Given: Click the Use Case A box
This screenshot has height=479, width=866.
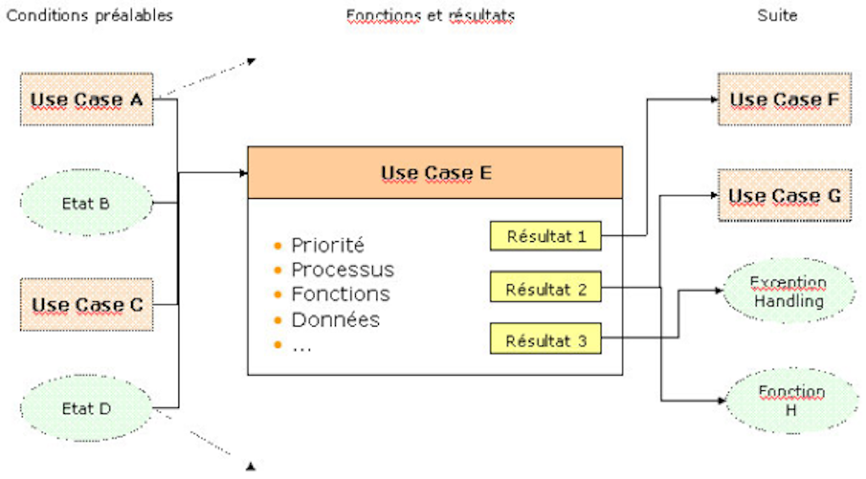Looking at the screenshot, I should click(x=86, y=99).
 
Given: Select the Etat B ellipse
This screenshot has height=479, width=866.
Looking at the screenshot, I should click(x=86, y=204).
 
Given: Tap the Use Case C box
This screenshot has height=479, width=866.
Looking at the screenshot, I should click(x=86, y=304).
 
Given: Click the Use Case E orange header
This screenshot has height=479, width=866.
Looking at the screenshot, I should click(x=435, y=173).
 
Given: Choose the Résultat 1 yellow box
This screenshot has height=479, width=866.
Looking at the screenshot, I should click(x=545, y=236).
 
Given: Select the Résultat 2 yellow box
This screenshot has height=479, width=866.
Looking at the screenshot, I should click(x=545, y=289).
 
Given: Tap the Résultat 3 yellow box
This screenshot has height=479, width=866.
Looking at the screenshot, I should click(x=545, y=341).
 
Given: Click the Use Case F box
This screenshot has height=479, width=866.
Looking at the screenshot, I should click(x=784, y=99).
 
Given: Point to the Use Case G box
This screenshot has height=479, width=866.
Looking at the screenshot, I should click(x=784, y=195).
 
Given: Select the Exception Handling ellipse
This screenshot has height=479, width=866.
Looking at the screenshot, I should click(x=788, y=291).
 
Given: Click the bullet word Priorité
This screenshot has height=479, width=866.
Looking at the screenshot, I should click(x=327, y=245).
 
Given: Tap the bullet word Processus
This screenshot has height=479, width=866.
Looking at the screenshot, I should click(x=343, y=270).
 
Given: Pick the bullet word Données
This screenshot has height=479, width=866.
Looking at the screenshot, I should click(x=336, y=320).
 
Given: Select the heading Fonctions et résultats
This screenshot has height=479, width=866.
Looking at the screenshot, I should click(x=430, y=15).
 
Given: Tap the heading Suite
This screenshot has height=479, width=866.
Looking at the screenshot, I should click(x=777, y=15).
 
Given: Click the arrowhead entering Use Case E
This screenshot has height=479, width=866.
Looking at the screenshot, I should click(x=244, y=173).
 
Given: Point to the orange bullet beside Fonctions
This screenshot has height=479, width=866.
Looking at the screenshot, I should click(x=277, y=295).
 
